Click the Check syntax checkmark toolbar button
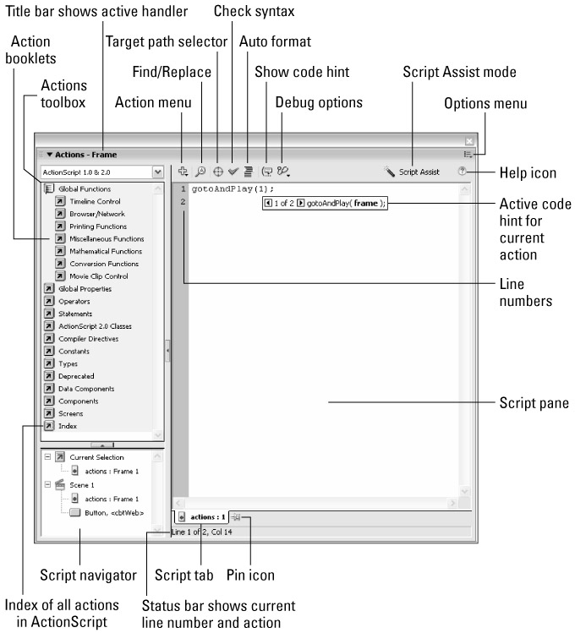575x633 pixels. (233, 172)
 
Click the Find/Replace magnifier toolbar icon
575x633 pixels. (200, 172)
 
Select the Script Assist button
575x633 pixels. (412, 172)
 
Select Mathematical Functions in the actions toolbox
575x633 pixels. (105, 251)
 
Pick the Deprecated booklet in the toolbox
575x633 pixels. (75, 376)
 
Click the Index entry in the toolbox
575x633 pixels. (67, 426)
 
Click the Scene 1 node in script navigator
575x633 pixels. (83, 485)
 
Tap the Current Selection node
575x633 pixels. (96, 457)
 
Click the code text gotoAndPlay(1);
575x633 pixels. (227, 188)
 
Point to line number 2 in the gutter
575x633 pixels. (182, 202)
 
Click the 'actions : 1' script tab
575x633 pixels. (207, 516)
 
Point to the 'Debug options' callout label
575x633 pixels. (319, 102)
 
